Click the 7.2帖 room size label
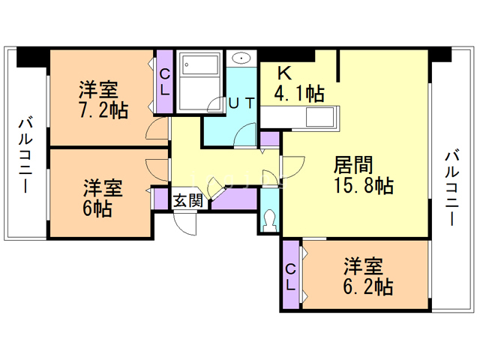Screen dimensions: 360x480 click(103, 110)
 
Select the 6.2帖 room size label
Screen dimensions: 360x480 click(369, 286)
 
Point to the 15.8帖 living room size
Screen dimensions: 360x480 click(364, 186)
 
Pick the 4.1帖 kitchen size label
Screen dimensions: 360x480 click(300, 94)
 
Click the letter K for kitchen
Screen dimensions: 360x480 click(284, 73)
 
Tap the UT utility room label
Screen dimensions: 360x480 click(241, 103)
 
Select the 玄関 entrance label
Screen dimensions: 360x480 click(187, 200)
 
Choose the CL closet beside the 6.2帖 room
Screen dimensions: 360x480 click(291, 276)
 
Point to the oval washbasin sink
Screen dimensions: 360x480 click(241, 58)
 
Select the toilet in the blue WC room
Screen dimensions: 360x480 click(270, 220)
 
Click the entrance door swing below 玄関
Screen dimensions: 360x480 click(190, 223)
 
